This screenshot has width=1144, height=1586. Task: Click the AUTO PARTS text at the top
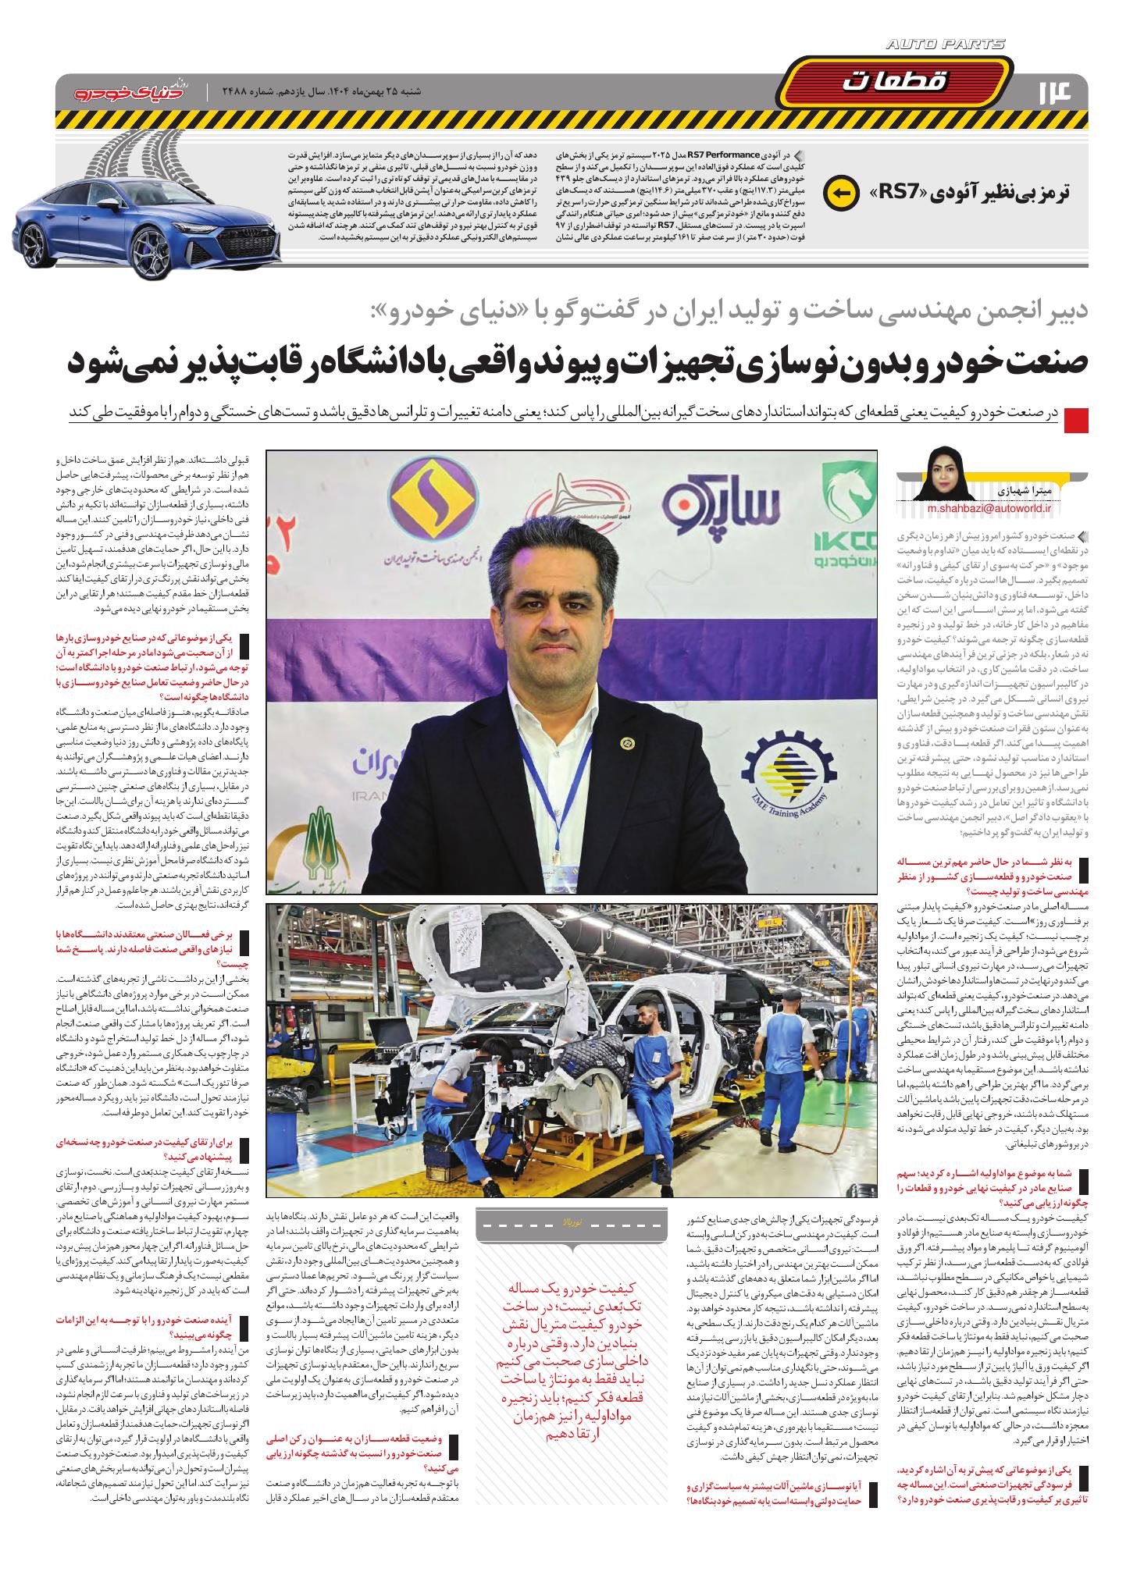click(x=946, y=45)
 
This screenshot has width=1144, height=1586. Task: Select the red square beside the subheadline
click(x=1076, y=419)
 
